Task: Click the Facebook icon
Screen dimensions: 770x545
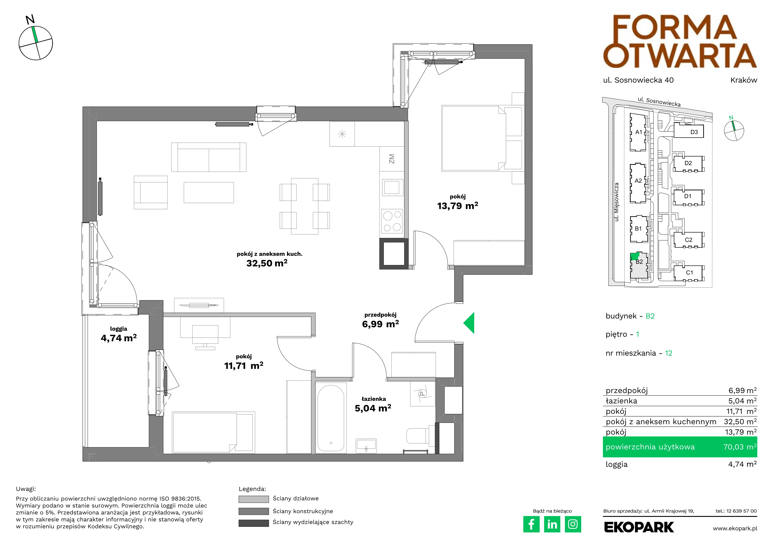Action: pyautogui.click(x=531, y=524)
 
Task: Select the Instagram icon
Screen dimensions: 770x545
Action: pyautogui.click(x=573, y=524)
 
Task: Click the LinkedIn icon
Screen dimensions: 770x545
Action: pyautogui.click(x=552, y=524)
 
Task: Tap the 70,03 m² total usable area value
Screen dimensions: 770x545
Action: pyautogui.click(x=740, y=447)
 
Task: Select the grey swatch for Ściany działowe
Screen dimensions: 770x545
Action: pyautogui.click(x=254, y=499)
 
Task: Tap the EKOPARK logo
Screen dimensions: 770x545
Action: pyautogui.click(x=639, y=527)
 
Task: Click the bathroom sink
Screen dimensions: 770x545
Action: pyautogui.click(x=366, y=445)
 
